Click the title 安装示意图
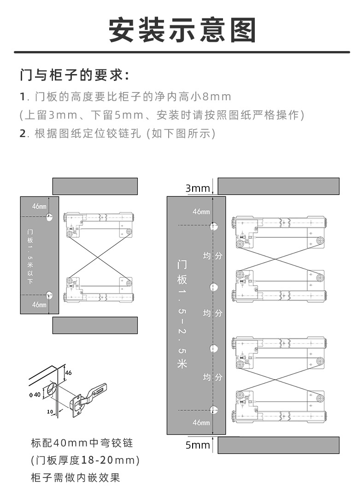click(182, 30)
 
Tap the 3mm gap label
click(198, 188)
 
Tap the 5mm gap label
click(198, 445)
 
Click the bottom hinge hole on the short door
click(49, 295)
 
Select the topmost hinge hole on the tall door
click(213, 226)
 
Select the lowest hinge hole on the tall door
click(213, 410)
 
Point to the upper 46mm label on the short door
click(39, 207)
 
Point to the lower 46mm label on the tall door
click(201, 422)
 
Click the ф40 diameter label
click(35, 395)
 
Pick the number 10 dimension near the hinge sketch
click(51, 411)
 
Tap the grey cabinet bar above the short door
click(95, 186)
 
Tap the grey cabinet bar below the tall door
click(278, 445)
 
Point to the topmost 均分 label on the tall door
click(212, 255)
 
